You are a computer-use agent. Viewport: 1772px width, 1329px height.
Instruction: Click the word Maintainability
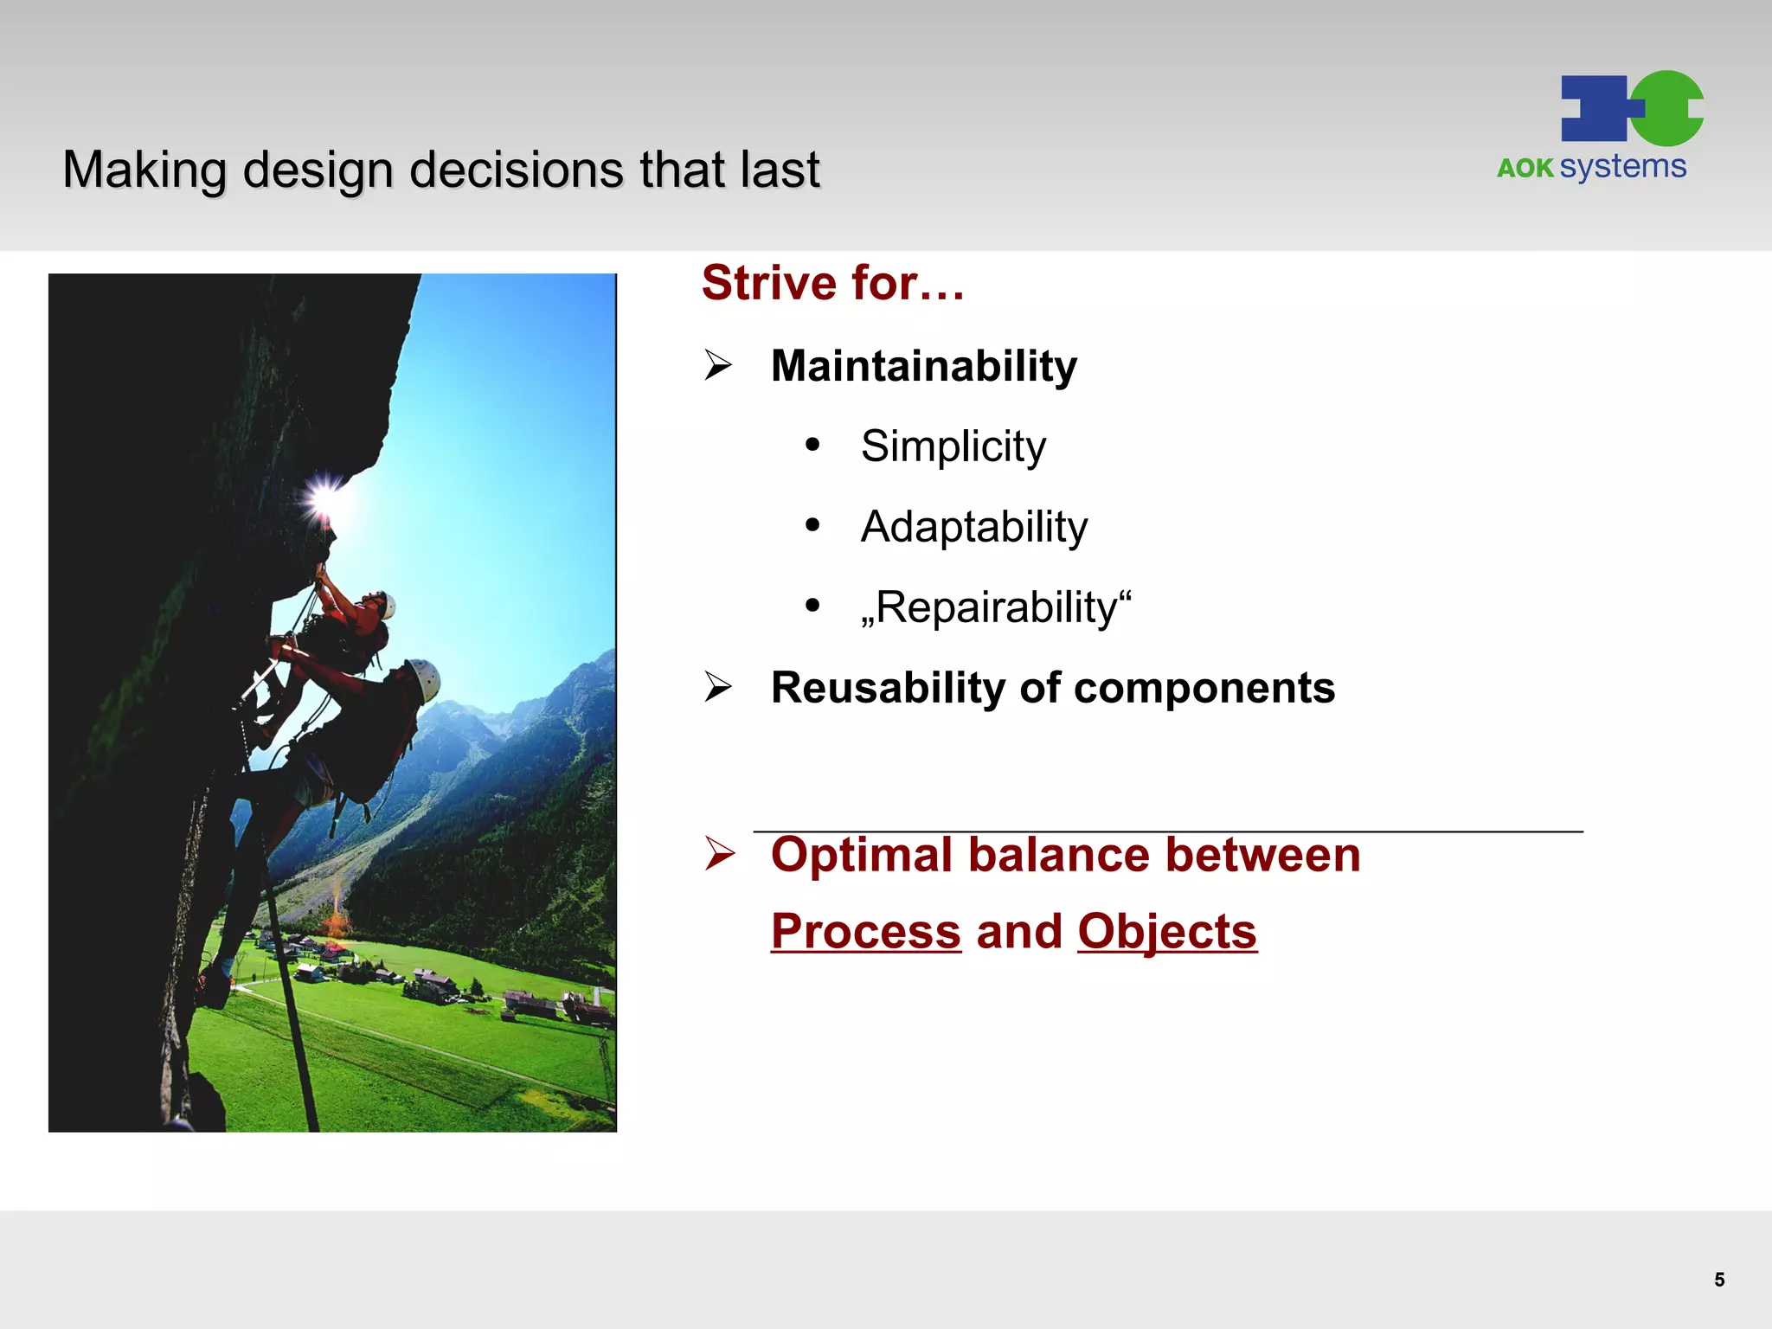click(x=923, y=366)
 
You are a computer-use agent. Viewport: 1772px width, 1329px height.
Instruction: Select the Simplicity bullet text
click(x=953, y=446)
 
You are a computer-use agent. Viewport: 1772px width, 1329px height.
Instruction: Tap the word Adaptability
click(x=973, y=527)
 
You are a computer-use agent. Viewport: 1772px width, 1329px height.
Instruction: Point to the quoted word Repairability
click(x=995, y=607)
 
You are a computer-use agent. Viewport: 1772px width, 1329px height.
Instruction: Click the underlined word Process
click(x=865, y=932)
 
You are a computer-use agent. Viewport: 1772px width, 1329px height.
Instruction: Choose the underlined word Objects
click(x=1166, y=932)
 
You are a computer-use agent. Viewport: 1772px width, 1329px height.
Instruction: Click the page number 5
click(x=1719, y=1280)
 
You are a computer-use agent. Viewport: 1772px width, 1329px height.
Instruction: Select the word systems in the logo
click(x=1622, y=166)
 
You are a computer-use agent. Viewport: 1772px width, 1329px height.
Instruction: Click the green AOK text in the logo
click(x=1525, y=168)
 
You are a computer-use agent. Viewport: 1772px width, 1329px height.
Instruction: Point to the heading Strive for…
click(x=831, y=283)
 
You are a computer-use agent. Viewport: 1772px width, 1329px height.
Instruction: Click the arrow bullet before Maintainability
click(x=717, y=365)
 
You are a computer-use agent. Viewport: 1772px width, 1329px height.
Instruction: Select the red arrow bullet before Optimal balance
click(x=718, y=853)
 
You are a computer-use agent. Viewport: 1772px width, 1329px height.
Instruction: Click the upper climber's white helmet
click(x=388, y=605)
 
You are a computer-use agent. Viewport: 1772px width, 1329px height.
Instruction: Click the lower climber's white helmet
click(x=426, y=678)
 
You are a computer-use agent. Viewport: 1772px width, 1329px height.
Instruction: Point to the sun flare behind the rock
click(x=326, y=498)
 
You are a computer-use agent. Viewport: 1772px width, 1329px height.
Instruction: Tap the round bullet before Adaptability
click(x=812, y=525)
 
